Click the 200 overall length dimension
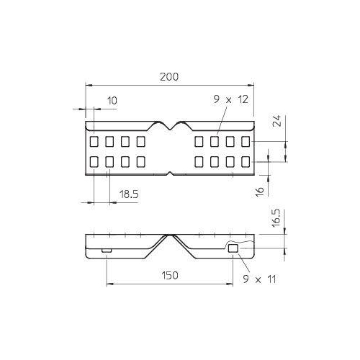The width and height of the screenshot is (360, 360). click(169, 77)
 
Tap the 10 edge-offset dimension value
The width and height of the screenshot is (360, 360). click(112, 101)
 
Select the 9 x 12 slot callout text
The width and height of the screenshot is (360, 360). click(231, 99)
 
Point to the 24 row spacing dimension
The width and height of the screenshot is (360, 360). click(277, 121)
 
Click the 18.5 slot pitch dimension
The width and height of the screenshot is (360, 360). click(129, 194)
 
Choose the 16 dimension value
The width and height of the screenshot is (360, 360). click(259, 192)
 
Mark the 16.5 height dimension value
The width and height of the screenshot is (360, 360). click(276, 218)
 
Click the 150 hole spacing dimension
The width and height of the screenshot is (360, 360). click(170, 275)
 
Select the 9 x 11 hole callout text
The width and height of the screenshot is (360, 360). click(259, 279)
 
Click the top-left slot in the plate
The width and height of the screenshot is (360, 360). click(94, 141)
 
